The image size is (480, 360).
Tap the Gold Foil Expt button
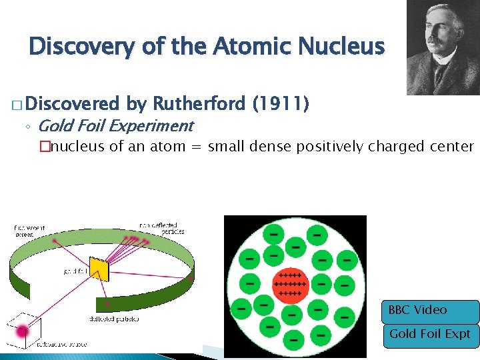431,334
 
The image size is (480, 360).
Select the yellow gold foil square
99,269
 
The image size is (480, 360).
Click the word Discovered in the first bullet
73,104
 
